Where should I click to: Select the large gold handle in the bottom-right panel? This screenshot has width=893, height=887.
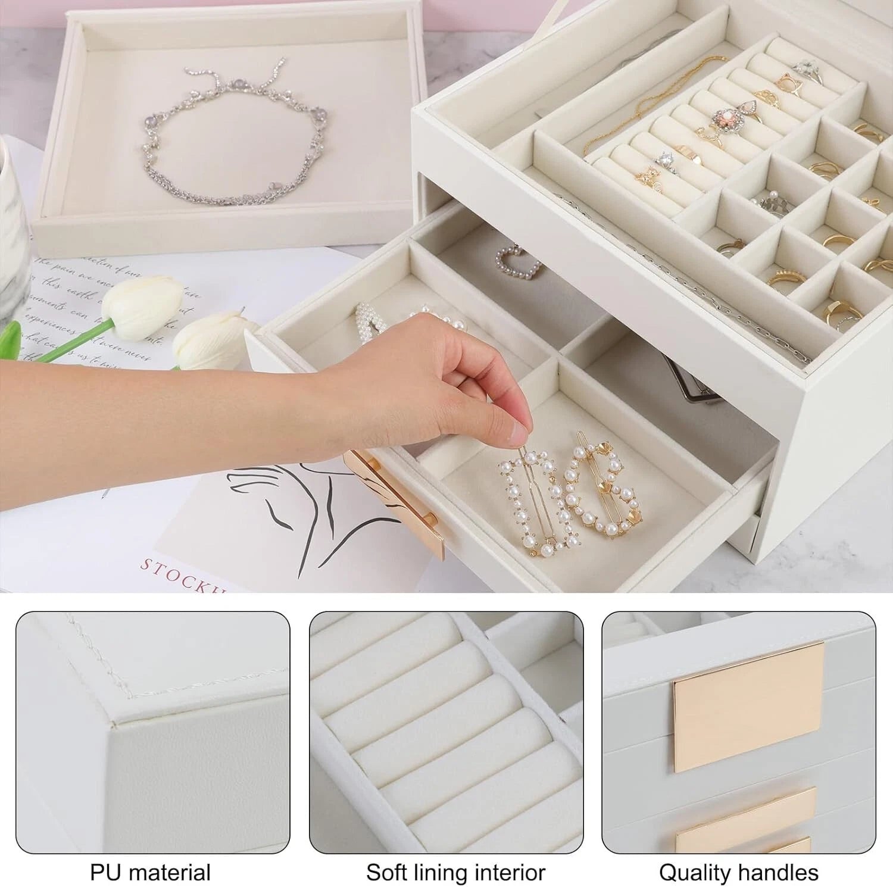(x=749, y=705)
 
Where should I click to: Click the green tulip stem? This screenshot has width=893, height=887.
(x=65, y=342)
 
